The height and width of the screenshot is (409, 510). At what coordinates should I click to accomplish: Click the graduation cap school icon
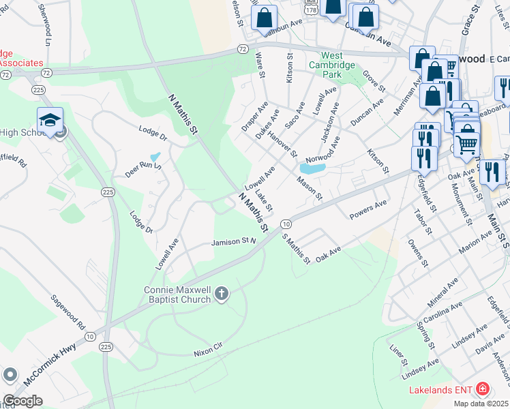(50, 121)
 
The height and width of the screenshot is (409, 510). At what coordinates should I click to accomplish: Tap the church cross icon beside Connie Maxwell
(220, 294)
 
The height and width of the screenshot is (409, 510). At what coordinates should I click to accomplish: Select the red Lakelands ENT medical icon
(483, 389)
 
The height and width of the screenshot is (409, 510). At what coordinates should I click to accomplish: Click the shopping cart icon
(466, 144)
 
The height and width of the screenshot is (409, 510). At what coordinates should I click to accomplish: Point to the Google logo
(22, 401)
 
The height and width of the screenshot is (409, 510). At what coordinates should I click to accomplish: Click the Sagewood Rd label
(67, 311)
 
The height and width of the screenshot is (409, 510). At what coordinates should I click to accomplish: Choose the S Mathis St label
(297, 249)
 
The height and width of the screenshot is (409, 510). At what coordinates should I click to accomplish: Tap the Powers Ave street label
(367, 209)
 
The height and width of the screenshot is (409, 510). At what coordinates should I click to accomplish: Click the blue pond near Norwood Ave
(312, 167)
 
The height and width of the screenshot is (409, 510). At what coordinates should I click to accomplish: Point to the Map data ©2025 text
(481, 404)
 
